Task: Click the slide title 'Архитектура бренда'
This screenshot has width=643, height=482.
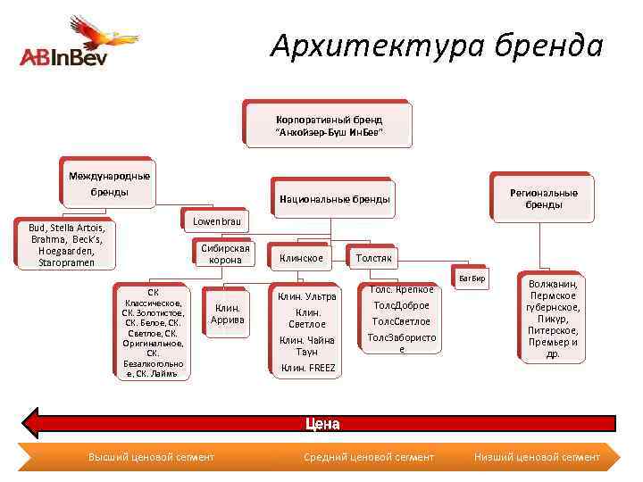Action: pyautogui.click(x=437, y=45)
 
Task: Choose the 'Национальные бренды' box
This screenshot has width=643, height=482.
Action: pyautogui.click(x=334, y=199)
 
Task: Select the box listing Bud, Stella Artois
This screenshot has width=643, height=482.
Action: pyautogui.click(x=67, y=244)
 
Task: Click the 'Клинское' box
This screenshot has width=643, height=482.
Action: pyautogui.click(x=301, y=259)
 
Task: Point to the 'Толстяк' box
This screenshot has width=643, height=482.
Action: pyautogui.click(x=373, y=258)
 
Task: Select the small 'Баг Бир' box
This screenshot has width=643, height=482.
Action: pyautogui.click(x=471, y=278)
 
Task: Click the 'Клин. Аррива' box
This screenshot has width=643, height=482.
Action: pyautogui.click(x=227, y=313)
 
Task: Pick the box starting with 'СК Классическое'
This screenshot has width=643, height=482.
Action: pyautogui.click(x=154, y=332)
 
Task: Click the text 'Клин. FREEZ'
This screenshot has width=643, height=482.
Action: pyautogui.click(x=308, y=368)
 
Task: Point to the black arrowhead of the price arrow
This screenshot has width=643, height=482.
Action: pyautogui.click(x=32, y=421)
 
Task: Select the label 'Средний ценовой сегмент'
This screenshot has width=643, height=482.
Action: pyautogui.click(x=369, y=457)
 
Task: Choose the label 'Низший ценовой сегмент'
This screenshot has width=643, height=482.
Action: pyautogui.click(x=537, y=457)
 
